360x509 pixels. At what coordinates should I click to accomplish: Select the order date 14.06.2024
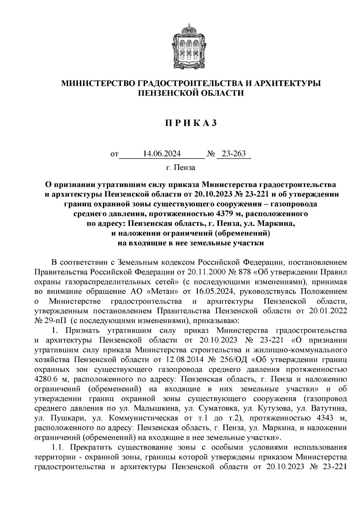click(162, 154)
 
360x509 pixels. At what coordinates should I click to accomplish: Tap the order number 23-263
click(233, 154)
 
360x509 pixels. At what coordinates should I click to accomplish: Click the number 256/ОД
click(231, 359)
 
